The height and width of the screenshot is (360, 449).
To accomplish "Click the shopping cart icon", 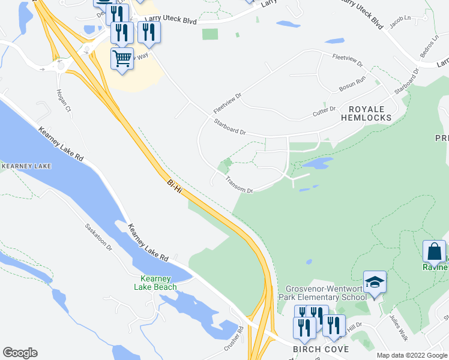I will tap(122, 59).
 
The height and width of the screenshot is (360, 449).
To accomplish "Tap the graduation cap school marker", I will tap(375, 282).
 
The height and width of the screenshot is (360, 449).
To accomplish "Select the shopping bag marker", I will tap(434, 252).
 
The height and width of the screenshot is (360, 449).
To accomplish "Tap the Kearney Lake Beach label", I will tap(158, 283).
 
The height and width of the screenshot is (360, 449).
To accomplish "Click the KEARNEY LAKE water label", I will tap(25, 166).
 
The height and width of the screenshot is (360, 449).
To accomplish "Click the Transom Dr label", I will tap(240, 185).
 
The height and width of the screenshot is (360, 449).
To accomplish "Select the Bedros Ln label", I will tap(428, 52).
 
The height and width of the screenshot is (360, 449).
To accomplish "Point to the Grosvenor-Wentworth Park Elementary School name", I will tap(326, 292).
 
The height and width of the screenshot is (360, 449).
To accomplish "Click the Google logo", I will tap(20, 353).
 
